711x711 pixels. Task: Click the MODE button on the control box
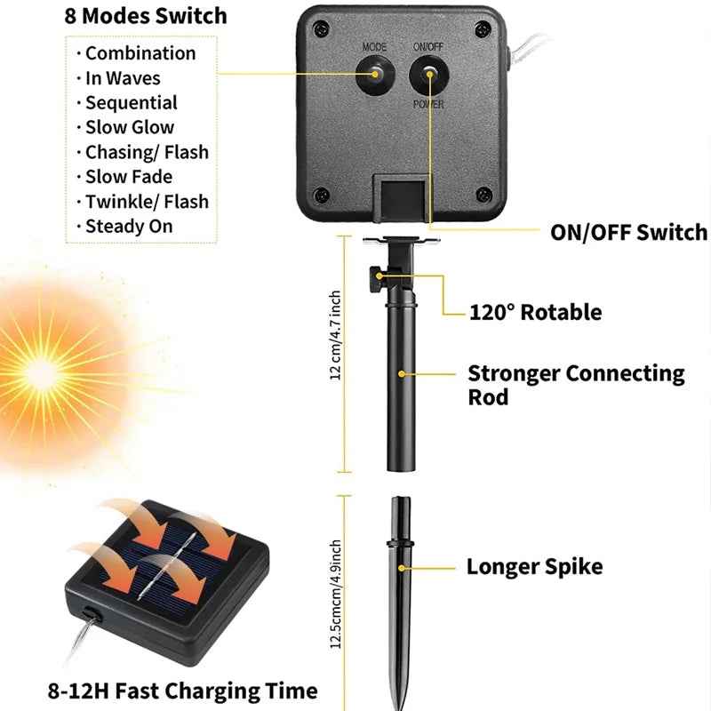[x=373, y=76]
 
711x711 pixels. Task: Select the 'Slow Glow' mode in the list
[x=130, y=127]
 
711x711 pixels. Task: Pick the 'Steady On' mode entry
[x=129, y=226]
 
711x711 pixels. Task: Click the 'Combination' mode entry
[x=140, y=53]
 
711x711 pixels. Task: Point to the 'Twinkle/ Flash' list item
[x=147, y=201]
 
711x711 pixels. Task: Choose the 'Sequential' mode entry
[x=132, y=102]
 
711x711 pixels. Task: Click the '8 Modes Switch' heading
[x=145, y=16]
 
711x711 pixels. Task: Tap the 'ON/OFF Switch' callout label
[x=628, y=233]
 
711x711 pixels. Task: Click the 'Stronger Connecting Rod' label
[x=576, y=384]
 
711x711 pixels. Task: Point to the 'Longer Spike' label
[x=534, y=566]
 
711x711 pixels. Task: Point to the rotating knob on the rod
[x=371, y=276]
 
